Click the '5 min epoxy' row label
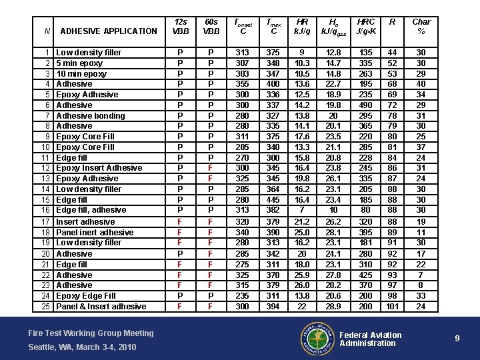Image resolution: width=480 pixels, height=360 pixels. (x=79, y=63)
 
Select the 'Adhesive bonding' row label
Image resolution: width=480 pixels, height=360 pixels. (x=90, y=115)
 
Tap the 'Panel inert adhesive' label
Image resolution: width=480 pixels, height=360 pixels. (x=95, y=232)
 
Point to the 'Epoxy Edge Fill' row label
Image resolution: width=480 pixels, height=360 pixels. (x=85, y=295)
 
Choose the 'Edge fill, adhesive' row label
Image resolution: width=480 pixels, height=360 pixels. (x=91, y=210)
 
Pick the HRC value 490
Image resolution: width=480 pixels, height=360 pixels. (x=366, y=105)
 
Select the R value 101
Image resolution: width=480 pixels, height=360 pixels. (x=393, y=306)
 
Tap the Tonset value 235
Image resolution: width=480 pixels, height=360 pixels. (x=243, y=295)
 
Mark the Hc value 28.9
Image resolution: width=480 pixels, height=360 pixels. (x=332, y=306)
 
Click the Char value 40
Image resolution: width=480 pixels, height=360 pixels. (x=421, y=84)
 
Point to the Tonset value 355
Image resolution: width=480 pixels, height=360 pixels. (x=243, y=84)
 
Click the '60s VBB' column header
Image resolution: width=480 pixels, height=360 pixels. (x=211, y=27)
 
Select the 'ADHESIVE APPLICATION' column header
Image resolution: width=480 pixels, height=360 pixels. (x=108, y=31)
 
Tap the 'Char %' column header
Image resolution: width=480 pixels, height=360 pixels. (x=421, y=27)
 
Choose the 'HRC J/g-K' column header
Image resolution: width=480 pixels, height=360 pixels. (x=366, y=27)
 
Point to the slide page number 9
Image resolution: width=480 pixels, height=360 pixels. (x=457, y=339)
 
